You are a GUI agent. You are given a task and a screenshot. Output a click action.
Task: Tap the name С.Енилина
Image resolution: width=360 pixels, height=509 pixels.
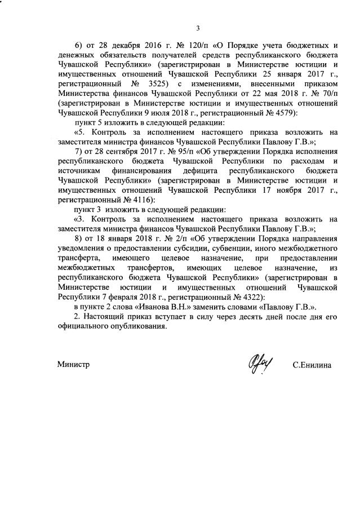click(312, 365)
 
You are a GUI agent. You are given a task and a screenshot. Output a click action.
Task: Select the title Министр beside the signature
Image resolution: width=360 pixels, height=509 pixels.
click(74, 364)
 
